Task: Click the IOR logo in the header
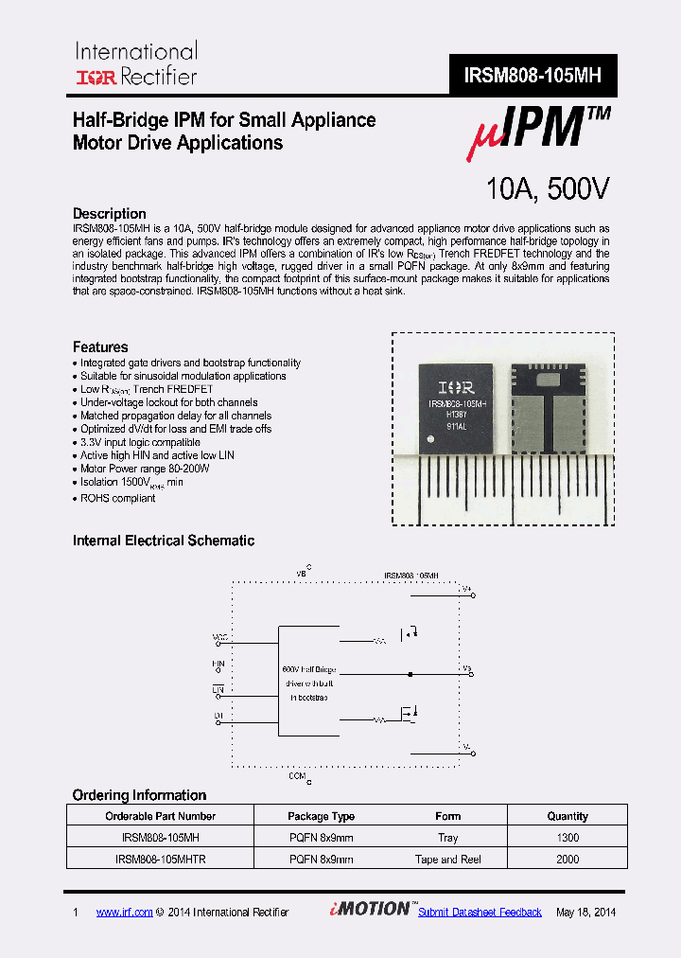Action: pyautogui.click(x=95, y=77)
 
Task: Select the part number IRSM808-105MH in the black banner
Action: pyautogui.click(x=533, y=76)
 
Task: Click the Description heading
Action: pyautogui.click(x=110, y=214)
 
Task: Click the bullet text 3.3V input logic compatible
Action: pyautogui.click(x=140, y=442)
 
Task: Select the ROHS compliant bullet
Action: pyautogui.click(x=117, y=498)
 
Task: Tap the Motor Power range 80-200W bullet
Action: pyautogui.click(x=145, y=469)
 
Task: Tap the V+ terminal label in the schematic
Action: pyautogui.click(x=466, y=589)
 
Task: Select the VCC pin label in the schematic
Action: pyautogui.click(x=219, y=637)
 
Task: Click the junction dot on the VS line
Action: pyautogui.click(x=410, y=675)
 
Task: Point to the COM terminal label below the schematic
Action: pyautogui.click(x=299, y=776)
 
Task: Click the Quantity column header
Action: pyautogui.click(x=567, y=816)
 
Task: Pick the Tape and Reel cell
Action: pyautogui.click(x=448, y=860)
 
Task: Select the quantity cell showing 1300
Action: pyautogui.click(x=567, y=838)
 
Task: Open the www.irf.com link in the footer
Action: pyautogui.click(x=124, y=913)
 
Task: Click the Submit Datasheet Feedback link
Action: pyautogui.click(x=480, y=913)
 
